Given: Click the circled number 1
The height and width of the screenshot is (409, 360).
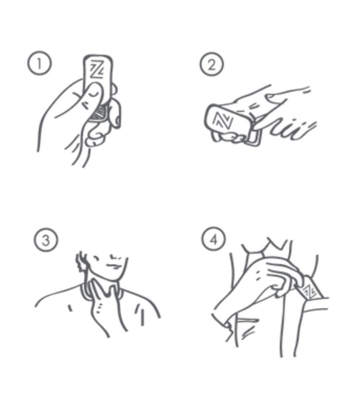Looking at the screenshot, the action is (x=40, y=63).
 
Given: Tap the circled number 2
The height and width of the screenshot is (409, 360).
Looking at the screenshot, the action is (x=212, y=64).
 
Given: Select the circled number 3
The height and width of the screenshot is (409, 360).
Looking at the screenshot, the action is (x=46, y=240).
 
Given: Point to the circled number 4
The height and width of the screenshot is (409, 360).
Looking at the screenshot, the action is (x=214, y=239).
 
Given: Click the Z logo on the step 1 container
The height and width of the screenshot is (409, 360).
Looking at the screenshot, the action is (x=97, y=69).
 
